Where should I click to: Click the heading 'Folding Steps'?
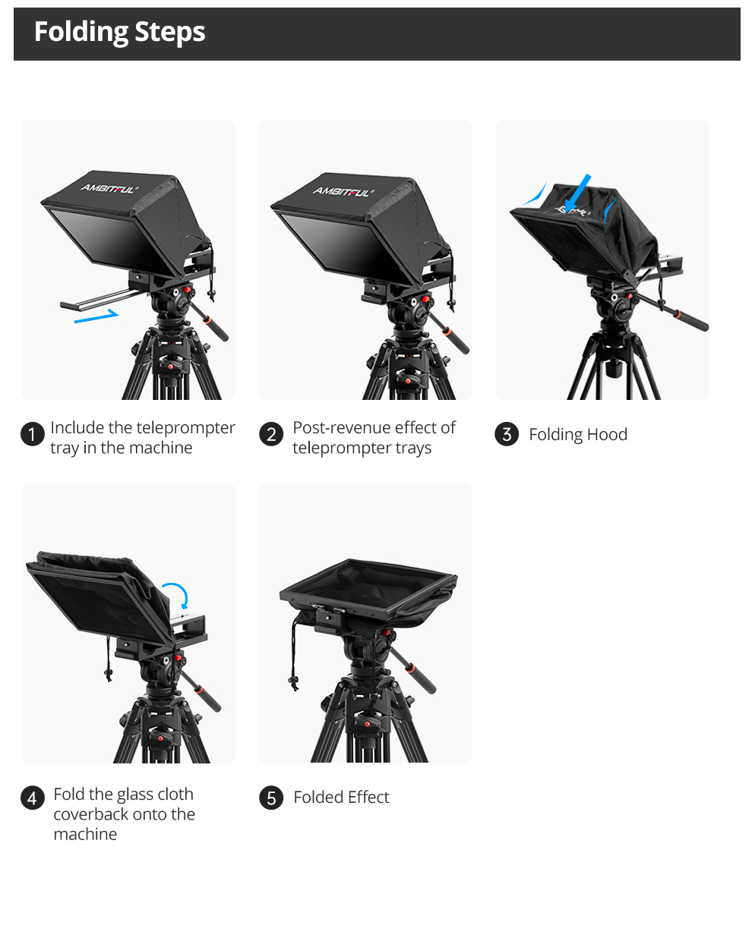tap(119, 32)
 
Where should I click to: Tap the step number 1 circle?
tap(32, 434)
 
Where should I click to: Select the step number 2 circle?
tap(271, 434)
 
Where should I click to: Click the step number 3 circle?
tap(507, 434)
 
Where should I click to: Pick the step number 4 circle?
tap(32, 798)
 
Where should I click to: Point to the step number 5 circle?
tap(271, 798)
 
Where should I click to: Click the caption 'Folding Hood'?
tap(578, 435)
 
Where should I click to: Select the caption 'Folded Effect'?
tap(341, 798)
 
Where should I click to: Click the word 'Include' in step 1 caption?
tap(77, 428)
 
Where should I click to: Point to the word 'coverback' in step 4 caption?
tap(91, 814)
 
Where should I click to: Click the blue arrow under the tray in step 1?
tap(96, 316)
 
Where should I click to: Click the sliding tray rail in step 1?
tap(99, 299)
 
